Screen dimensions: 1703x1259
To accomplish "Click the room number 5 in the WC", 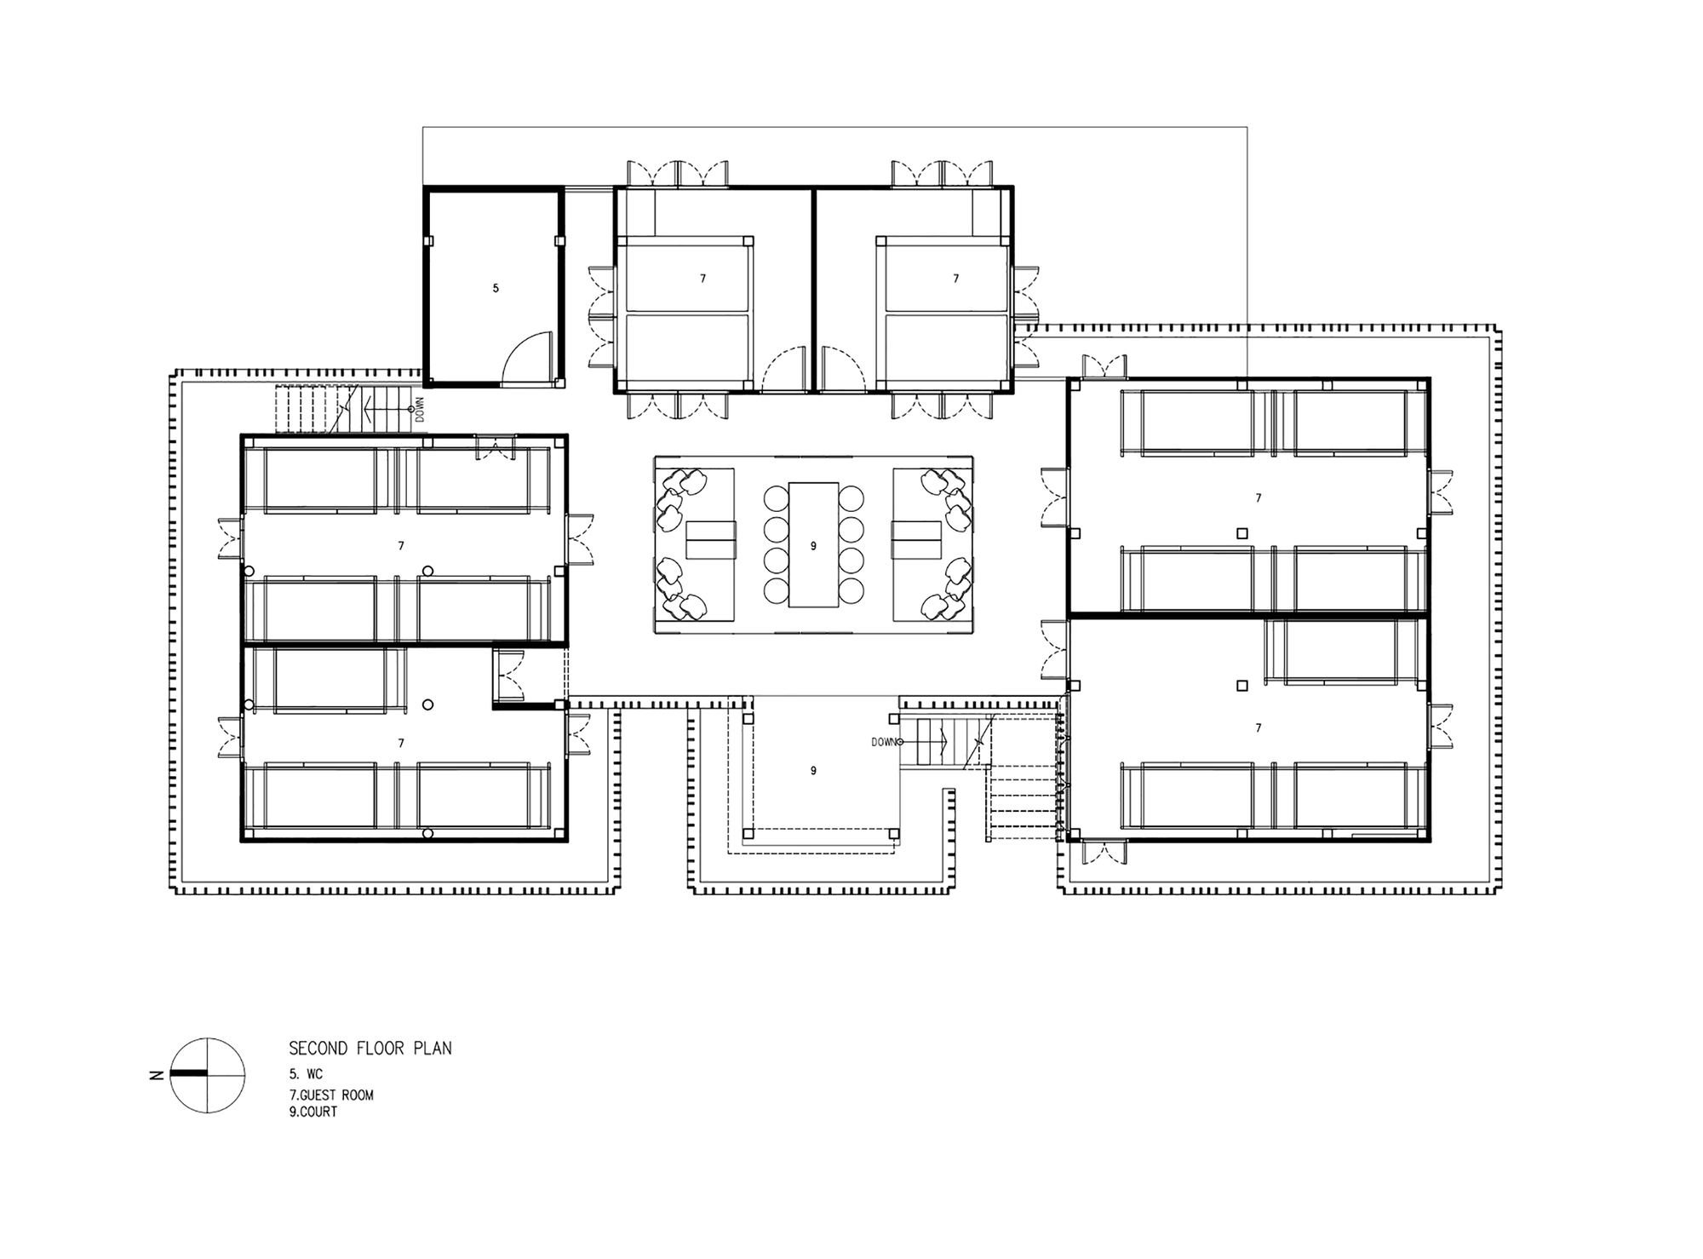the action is pos(496,289).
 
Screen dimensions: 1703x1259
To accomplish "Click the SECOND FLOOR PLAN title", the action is pos(370,1048).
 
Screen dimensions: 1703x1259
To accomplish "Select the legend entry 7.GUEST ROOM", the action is pos(331,1095).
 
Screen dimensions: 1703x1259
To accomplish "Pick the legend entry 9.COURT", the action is pos(313,1112).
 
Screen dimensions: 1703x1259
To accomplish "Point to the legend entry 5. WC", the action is pos(306,1075).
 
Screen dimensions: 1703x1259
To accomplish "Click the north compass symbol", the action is pos(208,1075).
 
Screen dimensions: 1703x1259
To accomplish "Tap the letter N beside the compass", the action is pos(156,1075).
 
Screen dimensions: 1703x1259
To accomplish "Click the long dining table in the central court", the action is pos(813,545).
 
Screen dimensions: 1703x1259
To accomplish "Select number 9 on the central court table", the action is pos(813,546).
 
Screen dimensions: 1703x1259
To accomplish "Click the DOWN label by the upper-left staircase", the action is pos(419,411).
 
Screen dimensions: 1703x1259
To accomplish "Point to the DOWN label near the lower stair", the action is pos(885,742).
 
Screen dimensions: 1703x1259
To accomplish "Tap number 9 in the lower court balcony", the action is pos(813,771).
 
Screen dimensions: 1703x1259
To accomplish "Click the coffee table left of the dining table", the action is pos(710,539).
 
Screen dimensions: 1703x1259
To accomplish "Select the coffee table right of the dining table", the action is pos(916,539).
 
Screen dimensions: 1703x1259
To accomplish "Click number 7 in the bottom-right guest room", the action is pos(1259,728).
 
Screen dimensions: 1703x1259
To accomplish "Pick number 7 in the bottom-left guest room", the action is pos(401,744).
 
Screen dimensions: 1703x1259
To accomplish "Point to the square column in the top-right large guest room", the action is pos(1242,533).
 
